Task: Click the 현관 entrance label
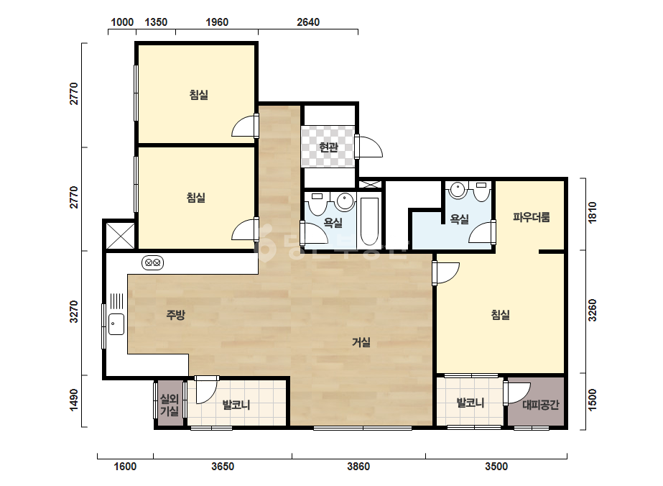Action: tap(328, 147)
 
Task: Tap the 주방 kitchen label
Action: tap(175, 315)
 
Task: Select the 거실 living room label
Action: tap(361, 342)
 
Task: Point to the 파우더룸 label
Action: tap(532, 217)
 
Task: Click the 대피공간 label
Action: tap(540, 405)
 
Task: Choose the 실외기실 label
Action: tap(169, 405)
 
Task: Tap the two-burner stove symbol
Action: tap(153, 263)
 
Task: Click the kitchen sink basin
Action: tap(116, 324)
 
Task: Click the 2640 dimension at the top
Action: tap(308, 22)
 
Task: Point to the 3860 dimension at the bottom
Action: tap(358, 467)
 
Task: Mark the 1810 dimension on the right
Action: tap(592, 213)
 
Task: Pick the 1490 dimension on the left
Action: tap(74, 400)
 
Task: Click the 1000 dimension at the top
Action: tap(122, 22)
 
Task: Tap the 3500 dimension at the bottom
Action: tap(496, 467)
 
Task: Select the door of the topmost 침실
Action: tap(245, 126)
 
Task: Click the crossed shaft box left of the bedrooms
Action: tap(121, 236)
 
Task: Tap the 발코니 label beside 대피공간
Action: tap(470, 403)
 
